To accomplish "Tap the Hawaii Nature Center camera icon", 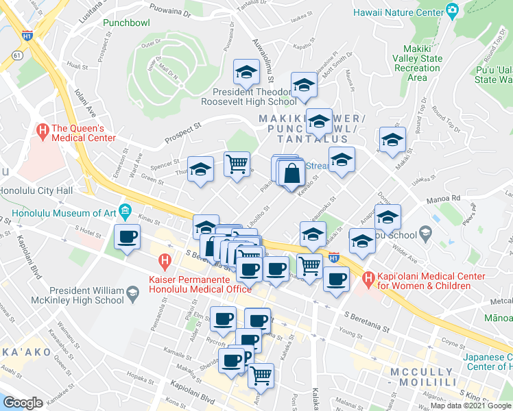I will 451,11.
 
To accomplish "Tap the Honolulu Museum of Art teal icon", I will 125,209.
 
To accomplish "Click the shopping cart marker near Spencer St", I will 237,164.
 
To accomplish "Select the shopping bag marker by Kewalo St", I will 291,173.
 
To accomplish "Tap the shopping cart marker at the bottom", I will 261,375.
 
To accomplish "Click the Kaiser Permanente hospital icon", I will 165,260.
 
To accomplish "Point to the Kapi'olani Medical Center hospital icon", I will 368,279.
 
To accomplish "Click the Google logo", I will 23,403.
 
